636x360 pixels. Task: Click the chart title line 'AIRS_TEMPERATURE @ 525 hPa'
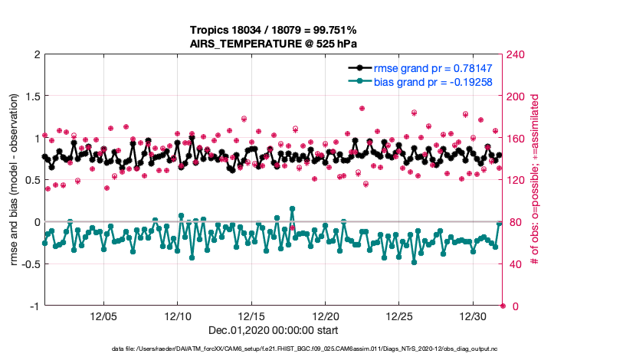click(273, 44)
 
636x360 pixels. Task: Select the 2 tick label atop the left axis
click(35, 54)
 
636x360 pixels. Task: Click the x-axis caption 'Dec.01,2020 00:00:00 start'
click(274, 331)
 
